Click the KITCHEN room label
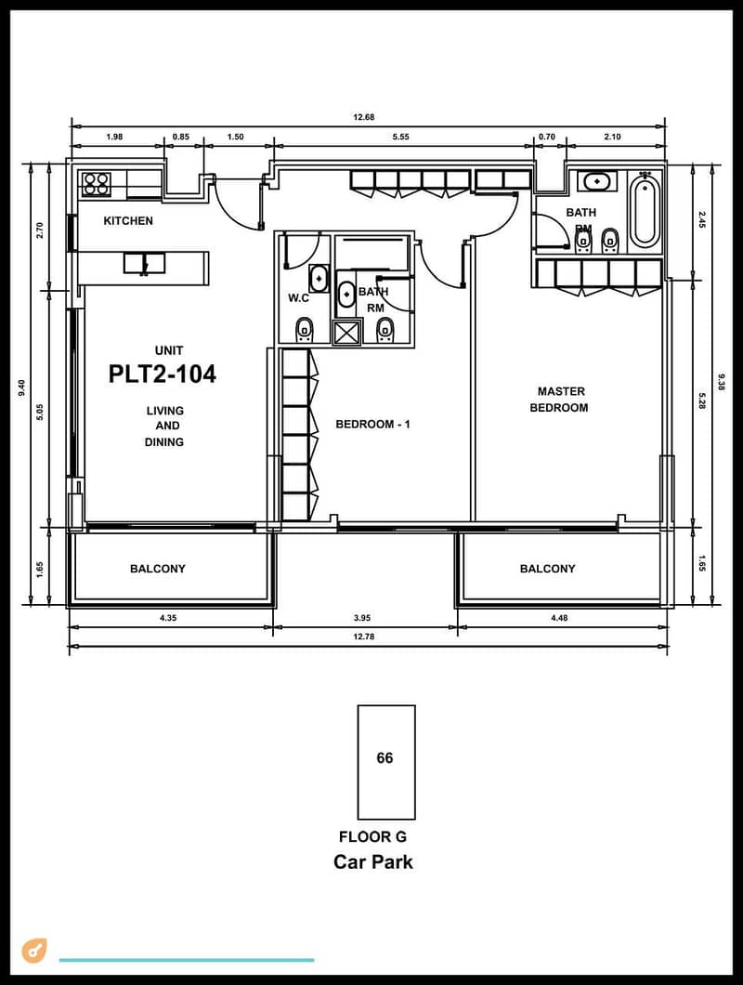(128, 220)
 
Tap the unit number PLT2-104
(163, 374)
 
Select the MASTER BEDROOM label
(560, 400)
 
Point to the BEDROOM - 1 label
(373, 424)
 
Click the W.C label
(298, 297)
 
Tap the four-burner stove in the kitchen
(96, 184)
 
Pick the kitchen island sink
(145, 263)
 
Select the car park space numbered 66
(386, 762)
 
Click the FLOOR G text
(373, 836)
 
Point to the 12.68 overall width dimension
(364, 117)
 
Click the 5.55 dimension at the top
(400, 137)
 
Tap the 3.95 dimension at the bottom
(362, 618)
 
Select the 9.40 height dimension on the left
(22, 387)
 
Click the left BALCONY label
(158, 569)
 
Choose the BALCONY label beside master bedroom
(548, 569)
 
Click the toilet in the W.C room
(305, 330)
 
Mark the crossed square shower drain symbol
(347, 333)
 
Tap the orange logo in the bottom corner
(34, 951)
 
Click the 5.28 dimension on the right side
(703, 401)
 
